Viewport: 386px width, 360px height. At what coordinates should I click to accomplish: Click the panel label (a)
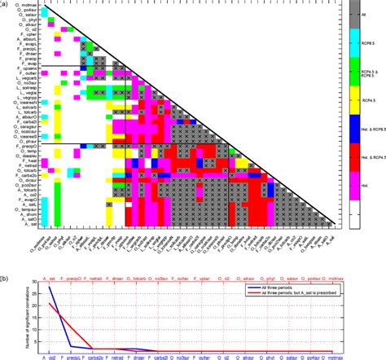(x=5, y=5)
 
